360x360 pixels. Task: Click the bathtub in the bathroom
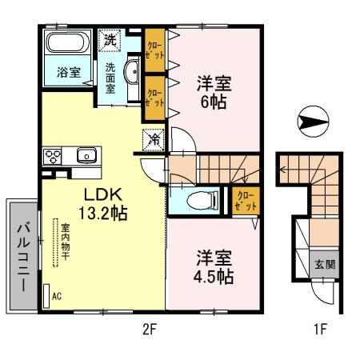coord(68,42)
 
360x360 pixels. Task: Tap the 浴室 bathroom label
coord(67,72)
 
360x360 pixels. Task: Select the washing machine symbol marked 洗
coord(108,38)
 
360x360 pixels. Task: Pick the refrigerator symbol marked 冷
coord(151,138)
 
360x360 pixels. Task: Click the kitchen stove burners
coord(54,155)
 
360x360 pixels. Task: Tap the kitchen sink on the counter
coord(86,155)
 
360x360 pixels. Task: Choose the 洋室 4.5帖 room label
coord(214,268)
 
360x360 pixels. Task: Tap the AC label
coord(56,295)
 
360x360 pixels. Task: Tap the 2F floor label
coord(150,329)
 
